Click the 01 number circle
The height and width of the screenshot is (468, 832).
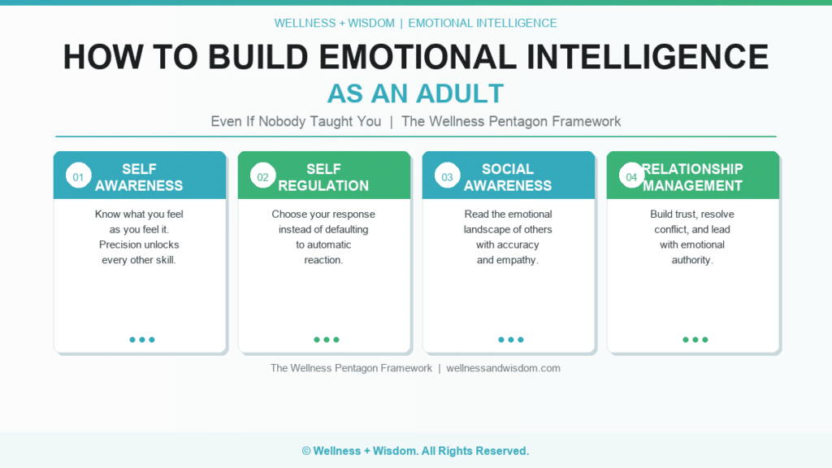click(78, 175)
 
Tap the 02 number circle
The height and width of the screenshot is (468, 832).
click(262, 175)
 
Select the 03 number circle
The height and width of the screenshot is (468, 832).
click(448, 175)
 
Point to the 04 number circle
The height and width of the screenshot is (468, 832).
click(631, 175)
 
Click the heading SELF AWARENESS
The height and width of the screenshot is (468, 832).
click(139, 177)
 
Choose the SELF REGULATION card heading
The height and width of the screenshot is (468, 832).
click(323, 177)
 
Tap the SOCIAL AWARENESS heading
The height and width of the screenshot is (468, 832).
click(508, 177)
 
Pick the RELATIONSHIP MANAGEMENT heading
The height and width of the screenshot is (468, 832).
click(692, 177)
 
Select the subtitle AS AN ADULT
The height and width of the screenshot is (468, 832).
click(415, 94)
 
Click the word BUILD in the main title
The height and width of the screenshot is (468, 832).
click(258, 57)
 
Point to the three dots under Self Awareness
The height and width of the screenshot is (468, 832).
click(142, 340)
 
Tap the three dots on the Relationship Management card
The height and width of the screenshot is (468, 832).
click(695, 340)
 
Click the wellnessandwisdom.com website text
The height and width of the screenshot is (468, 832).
click(503, 368)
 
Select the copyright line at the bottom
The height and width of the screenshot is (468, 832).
click(415, 451)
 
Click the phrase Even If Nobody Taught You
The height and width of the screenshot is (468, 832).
click(296, 122)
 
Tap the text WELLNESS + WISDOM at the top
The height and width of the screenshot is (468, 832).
click(334, 24)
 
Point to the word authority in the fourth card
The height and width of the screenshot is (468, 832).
click(692, 260)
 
